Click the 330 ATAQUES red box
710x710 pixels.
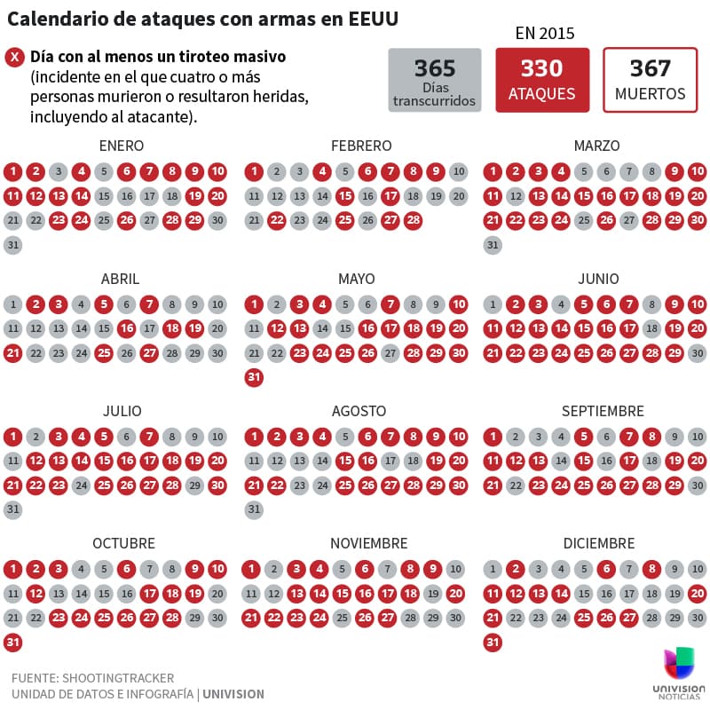542,80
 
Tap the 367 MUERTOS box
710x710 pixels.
650,80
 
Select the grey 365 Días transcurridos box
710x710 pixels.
435,80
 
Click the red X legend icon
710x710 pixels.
15,58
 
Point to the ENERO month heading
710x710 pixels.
121,146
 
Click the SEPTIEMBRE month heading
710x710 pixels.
603,411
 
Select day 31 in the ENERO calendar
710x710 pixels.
13,245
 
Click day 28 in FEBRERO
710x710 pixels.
413,220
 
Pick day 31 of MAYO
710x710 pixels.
254,378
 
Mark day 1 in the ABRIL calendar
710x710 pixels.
13,304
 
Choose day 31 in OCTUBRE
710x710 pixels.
13,643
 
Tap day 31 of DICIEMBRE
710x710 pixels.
493,643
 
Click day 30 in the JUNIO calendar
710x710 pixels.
698,353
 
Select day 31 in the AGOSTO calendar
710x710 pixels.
254,510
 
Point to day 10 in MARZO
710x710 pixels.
698,172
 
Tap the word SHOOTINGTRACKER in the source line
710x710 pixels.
118,678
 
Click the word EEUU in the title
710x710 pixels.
373,19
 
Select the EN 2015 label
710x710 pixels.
544,34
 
